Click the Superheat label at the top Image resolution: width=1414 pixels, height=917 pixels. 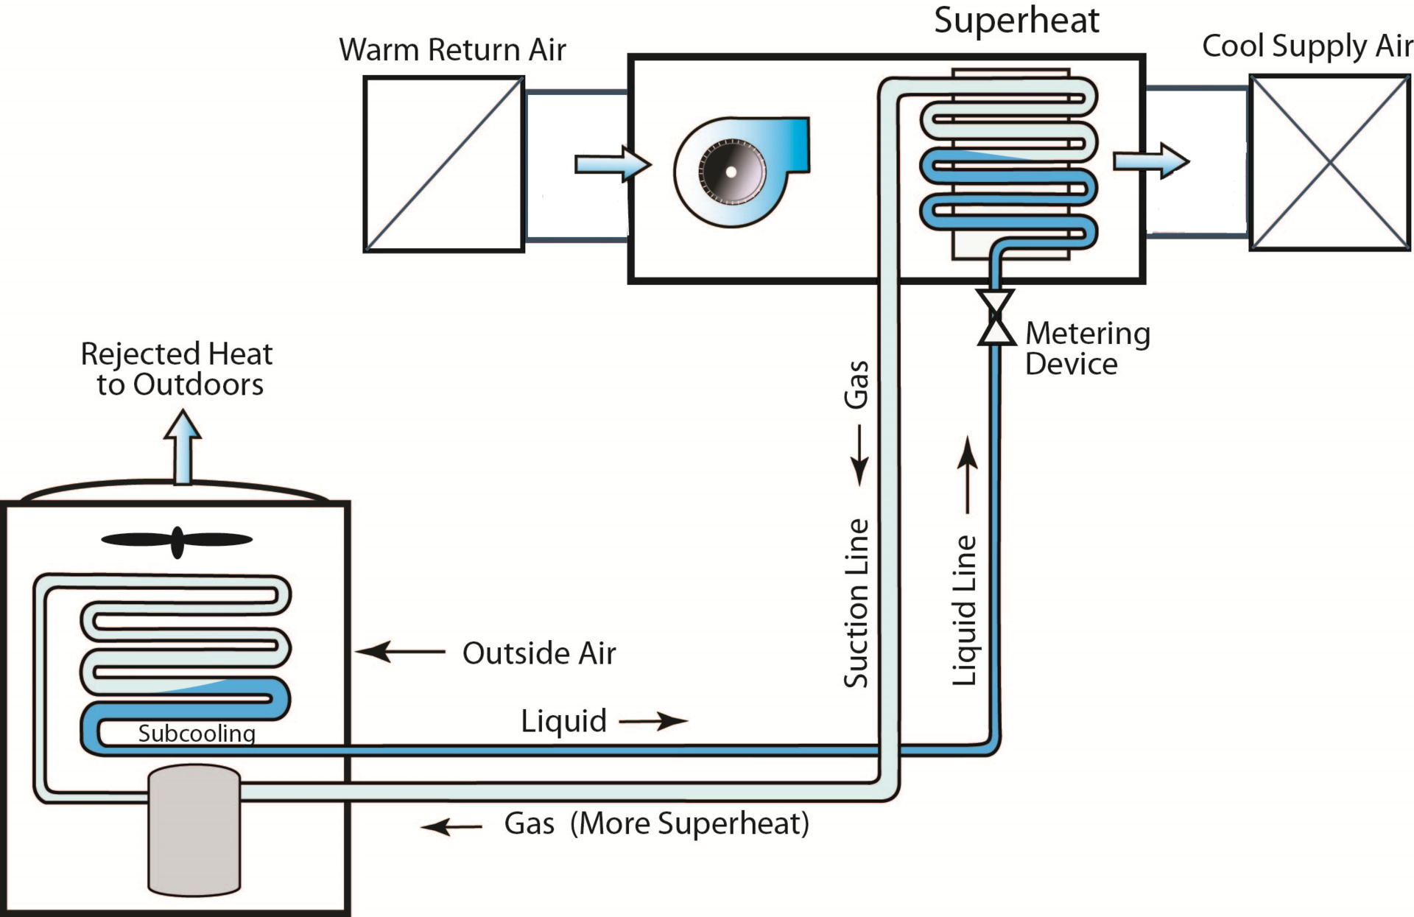coord(1016,21)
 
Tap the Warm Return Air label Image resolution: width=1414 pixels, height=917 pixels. coord(452,50)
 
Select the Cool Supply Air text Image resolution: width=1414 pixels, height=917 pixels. coord(1306,46)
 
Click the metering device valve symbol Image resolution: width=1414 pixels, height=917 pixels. coord(996,317)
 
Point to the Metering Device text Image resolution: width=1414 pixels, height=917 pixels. coord(1087,348)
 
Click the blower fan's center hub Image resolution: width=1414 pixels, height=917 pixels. coord(731,172)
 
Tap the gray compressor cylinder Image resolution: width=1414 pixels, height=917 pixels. coord(194,830)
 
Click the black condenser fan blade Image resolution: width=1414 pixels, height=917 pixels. coord(177,541)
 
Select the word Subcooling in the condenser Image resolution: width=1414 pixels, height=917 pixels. coord(197,734)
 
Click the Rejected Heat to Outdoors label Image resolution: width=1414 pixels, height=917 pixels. coord(177,369)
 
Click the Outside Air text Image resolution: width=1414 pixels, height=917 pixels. coord(538,653)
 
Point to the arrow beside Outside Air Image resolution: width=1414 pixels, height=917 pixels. coord(400,652)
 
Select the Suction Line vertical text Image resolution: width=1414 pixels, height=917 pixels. coord(857,603)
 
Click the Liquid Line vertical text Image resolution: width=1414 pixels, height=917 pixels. coord(965,611)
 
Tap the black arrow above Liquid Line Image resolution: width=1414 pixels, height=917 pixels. coord(968,475)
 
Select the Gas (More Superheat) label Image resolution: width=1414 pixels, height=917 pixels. coord(656,823)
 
